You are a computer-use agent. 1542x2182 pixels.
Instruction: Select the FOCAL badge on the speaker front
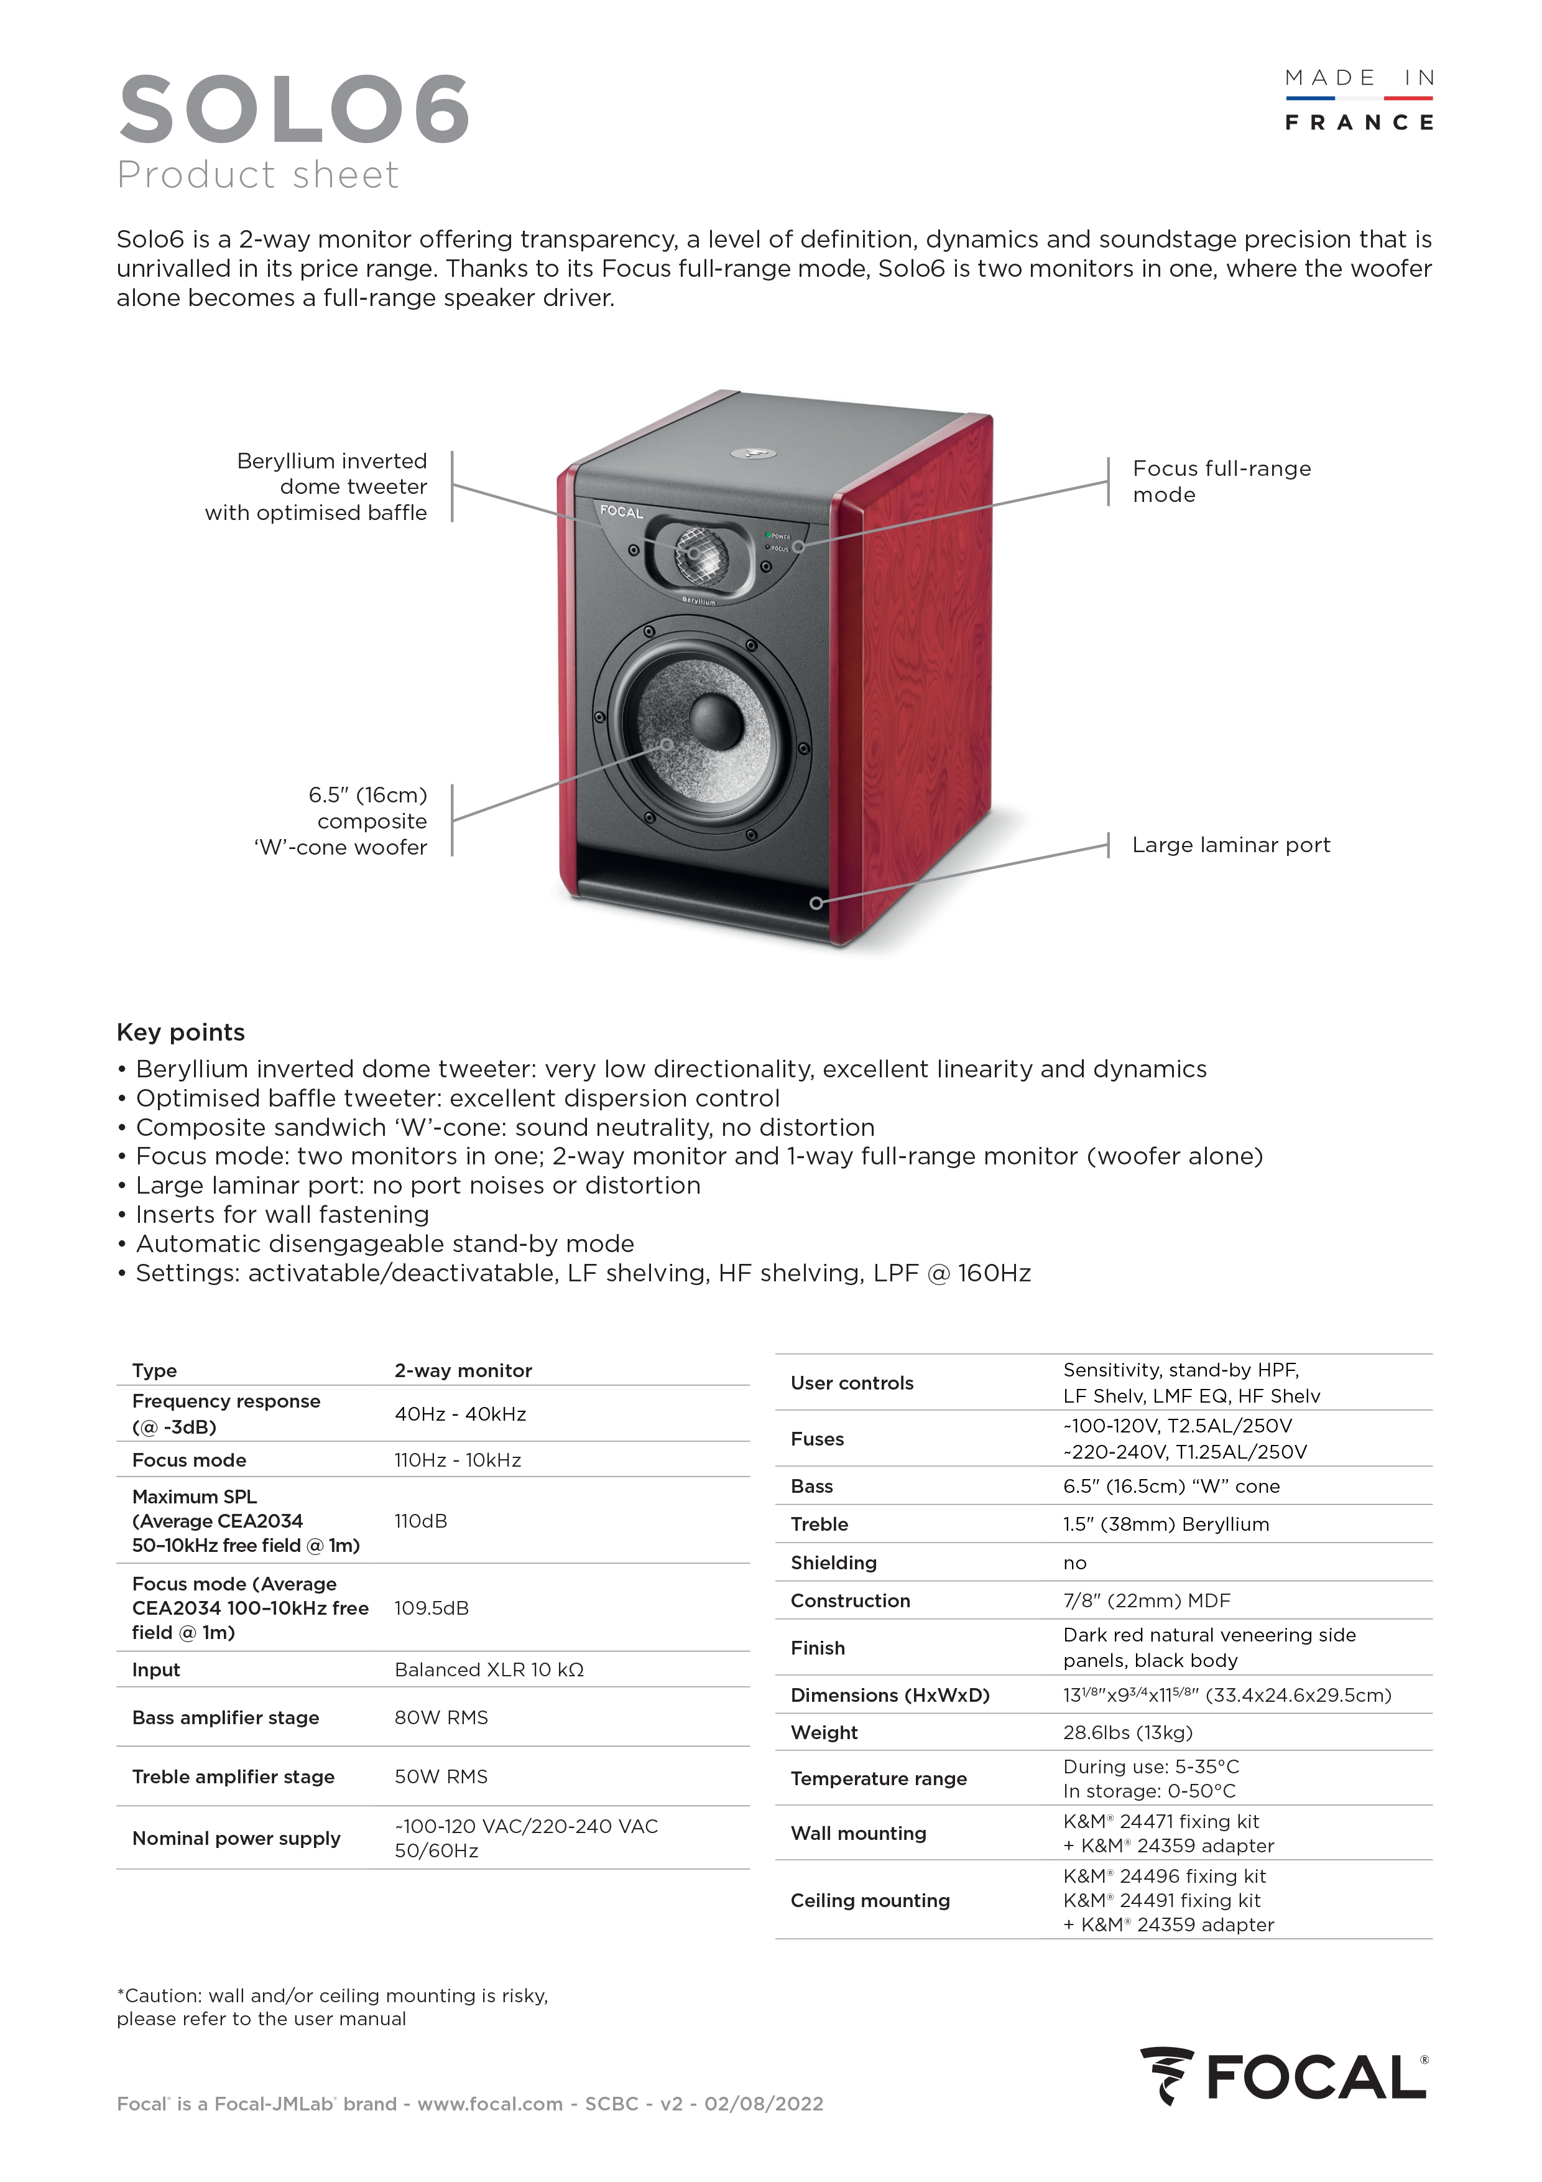tap(621, 511)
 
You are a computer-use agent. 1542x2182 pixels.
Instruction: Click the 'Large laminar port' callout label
tap(1230, 845)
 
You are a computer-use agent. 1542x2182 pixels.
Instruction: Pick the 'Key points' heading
tap(180, 1032)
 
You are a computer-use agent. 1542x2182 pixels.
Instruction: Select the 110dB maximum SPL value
tap(421, 1521)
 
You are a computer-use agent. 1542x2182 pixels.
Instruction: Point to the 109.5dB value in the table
tap(432, 1608)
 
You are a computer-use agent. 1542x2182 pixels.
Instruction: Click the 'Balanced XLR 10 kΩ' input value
tap(489, 1669)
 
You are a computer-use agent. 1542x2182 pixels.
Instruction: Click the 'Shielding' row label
tap(833, 1562)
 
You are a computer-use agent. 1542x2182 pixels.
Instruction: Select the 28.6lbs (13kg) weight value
tap(1128, 1732)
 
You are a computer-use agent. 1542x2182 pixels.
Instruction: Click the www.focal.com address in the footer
tap(490, 2103)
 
